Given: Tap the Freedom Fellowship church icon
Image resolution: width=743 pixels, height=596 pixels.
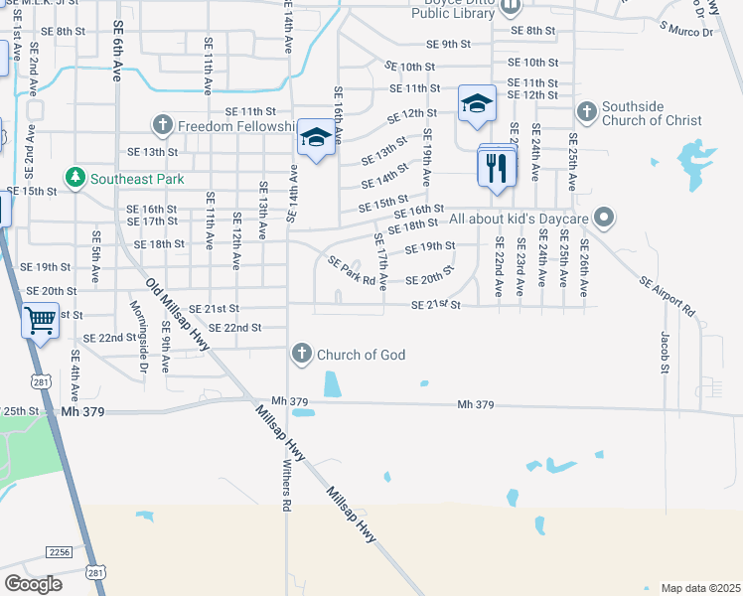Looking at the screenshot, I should click(163, 126).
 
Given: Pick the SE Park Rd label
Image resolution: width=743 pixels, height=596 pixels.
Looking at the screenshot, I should click(352, 271).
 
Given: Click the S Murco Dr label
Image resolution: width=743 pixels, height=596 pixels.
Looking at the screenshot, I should click(686, 33).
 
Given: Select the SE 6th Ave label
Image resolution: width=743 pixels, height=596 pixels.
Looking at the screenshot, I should click(117, 46).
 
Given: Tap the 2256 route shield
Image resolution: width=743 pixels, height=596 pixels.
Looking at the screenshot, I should click(59, 551).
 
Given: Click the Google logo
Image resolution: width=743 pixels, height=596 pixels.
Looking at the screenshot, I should click(33, 584).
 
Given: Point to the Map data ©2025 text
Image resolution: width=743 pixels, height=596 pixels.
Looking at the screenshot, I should click(699, 588).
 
